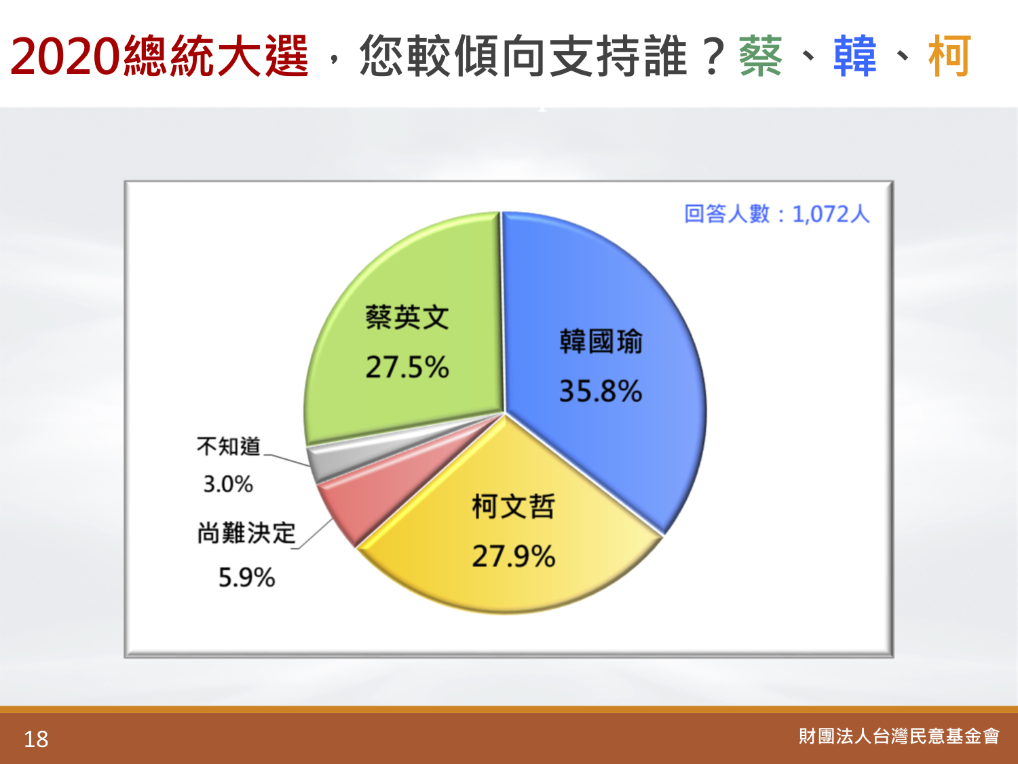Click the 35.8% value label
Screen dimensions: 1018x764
(x=601, y=390)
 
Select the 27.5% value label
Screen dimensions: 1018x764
(x=407, y=367)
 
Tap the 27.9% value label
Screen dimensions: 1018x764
(x=513, y=556)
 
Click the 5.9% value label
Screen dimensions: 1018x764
(x=247, y=577)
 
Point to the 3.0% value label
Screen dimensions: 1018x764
(x=228, y=484)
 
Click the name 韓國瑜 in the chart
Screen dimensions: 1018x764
(x=601, y=342)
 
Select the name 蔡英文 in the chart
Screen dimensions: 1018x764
(x=407, y=318)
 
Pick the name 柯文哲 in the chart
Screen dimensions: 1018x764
(x=513, y=506)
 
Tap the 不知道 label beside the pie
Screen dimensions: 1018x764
(x=228, y=446)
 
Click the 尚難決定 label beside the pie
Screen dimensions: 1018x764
(x=246, y=532)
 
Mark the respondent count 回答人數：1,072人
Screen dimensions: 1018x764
(x=777, y=214)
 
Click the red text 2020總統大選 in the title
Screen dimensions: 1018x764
(x=159, y=56)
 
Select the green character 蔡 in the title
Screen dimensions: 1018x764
(x=761, y=56)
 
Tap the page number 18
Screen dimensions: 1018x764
(x=36, y=740)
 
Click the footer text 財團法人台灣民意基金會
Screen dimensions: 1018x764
(x=899, y=736)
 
